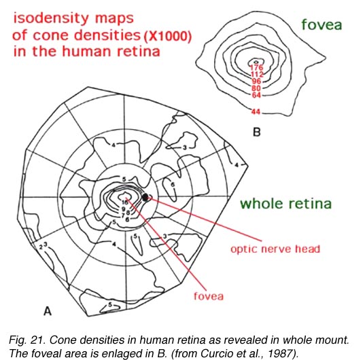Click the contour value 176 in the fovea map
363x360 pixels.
point(256,67)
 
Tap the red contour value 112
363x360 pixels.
point(257,74)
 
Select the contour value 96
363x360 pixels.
point(256,82)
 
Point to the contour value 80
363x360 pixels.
point(256,88)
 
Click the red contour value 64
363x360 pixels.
point(256,95)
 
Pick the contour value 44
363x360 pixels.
point(256,112)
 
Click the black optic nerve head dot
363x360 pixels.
point(145,197)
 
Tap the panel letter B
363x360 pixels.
point(257,132)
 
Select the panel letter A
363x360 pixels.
point(48,310)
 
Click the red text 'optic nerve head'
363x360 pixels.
point(275,249)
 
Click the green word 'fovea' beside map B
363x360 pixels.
point(322,24)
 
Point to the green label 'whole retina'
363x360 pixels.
point(286,204)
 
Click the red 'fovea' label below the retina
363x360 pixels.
point(209,296)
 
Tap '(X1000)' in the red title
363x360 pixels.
point(167,36)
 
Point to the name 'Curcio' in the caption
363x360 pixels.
point(213,353)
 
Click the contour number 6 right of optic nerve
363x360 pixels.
point(173,184)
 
